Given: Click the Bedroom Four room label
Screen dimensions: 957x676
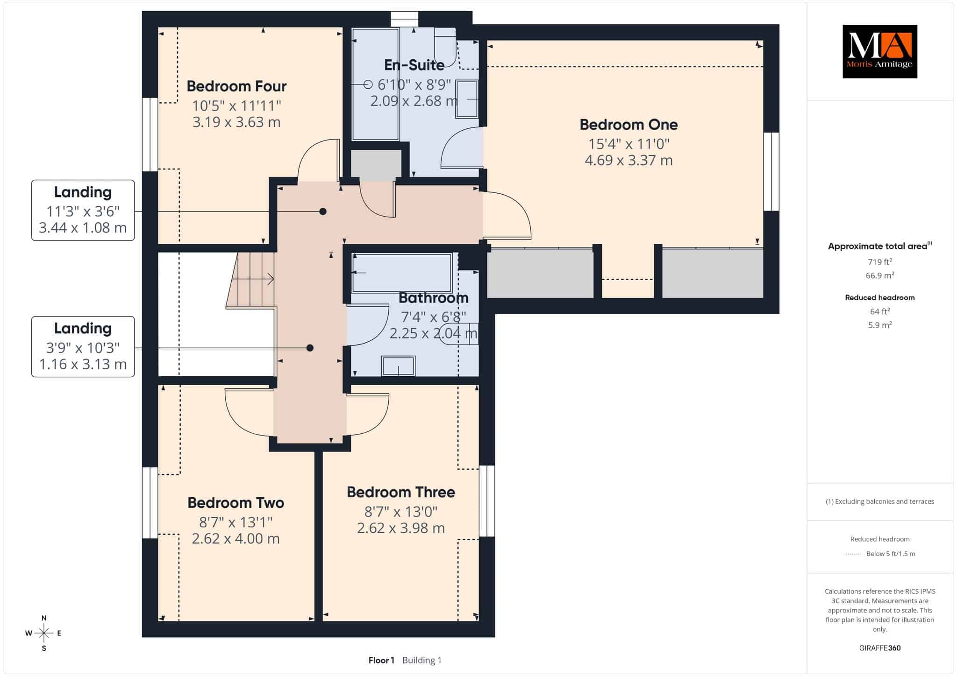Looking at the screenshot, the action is pos(236,86).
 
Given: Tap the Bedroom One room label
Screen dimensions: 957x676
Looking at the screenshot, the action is pos(628,125).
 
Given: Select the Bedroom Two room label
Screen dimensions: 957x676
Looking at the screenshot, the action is pos(236,503).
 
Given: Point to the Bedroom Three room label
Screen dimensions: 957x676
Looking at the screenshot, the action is pos(401,492).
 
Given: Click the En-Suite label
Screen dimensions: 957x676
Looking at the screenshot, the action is pos(414,65).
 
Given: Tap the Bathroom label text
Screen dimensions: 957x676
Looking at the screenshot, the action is pos(434,298).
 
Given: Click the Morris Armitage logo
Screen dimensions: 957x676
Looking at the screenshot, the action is pos(880,51).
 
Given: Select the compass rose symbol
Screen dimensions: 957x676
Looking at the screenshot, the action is pos(44,633).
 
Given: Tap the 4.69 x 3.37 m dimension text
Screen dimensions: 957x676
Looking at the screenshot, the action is pos(628,161).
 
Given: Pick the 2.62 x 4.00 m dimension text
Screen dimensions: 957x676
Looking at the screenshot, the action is pos(236,539).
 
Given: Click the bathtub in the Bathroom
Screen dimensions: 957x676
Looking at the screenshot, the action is pos(402,273).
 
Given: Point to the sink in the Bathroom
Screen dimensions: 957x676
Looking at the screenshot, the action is pos(398,366).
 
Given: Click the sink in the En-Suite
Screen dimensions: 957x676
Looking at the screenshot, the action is pos(467,99).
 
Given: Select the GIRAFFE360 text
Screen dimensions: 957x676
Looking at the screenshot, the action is pos(880,648).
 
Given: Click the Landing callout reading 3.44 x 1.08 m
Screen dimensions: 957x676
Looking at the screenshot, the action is pos(83,210).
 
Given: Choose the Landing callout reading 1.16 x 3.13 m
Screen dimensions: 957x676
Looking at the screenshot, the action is pos(83,346).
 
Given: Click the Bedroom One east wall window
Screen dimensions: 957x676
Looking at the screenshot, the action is pos(771,171).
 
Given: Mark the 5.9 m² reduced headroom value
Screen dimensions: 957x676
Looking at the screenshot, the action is pos(880,325).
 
